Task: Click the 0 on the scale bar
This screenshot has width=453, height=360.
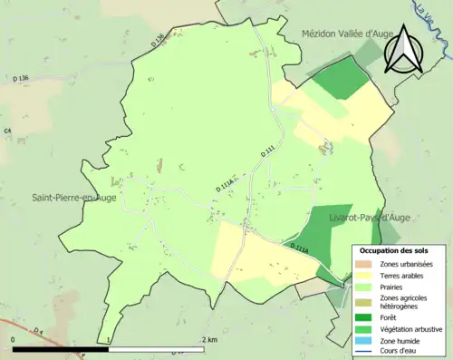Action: click(x=14, y=340)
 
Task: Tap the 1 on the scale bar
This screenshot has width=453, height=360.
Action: click(x=110, y=340)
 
